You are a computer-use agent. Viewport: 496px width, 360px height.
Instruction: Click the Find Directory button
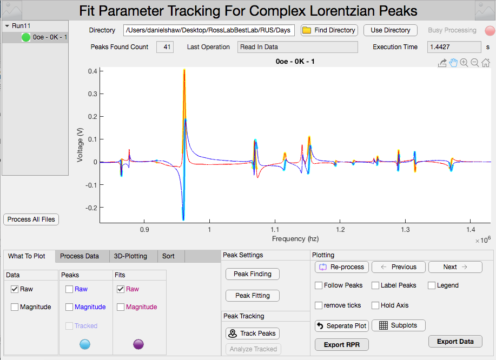coord(328,30)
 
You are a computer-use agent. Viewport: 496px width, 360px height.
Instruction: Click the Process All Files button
coord(31,219)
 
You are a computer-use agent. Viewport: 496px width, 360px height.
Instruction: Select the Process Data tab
coord(79,256)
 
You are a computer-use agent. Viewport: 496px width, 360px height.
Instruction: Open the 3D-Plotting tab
coord(130,256)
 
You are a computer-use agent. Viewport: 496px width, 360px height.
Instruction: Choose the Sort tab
coord(168,256)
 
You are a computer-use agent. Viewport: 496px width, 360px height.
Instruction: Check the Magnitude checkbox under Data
coord(14,307)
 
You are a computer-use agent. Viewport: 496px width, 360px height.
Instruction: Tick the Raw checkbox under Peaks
coord(69,289)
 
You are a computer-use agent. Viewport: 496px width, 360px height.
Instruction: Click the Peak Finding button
coord(252,274)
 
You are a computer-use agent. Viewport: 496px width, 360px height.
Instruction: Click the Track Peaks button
coord(252,334)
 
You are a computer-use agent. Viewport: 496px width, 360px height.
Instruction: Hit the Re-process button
coord(342,267)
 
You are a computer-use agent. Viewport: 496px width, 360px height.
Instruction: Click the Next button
coord(455,267)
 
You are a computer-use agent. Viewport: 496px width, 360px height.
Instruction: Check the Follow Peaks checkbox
coord(319,285)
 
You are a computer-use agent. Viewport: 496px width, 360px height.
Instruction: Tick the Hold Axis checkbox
coord(375,305)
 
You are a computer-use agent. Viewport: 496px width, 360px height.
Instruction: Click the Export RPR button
coord(342,345)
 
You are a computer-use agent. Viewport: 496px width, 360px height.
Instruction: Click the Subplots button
coord(399,325)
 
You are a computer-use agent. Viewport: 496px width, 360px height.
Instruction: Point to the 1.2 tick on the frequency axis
coord(340,229)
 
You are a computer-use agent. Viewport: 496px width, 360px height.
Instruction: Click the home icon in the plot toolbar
coord(486,63)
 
